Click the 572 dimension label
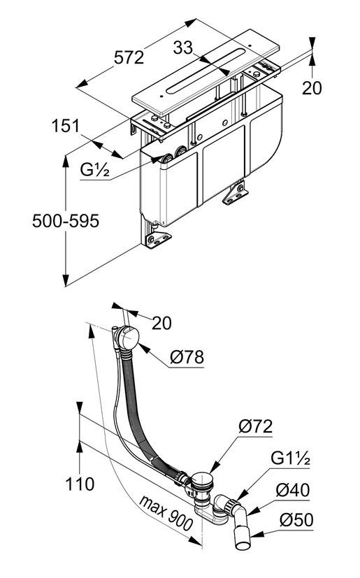click(129, 58)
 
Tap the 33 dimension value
click(183, 48)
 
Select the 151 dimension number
click(65, 126)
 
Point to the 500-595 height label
click(66, 221)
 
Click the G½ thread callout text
click(95, 170)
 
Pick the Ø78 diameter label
click(187, 357)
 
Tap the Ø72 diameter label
click(255, 426)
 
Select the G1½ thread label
click(290, 458)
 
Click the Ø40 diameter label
click(293, 490)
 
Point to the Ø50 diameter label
click(296, 520)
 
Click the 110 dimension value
click(80, 484)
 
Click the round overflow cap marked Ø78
click(129, 338)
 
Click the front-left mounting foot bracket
click(157, 240)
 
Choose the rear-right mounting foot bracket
click(235, 195)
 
